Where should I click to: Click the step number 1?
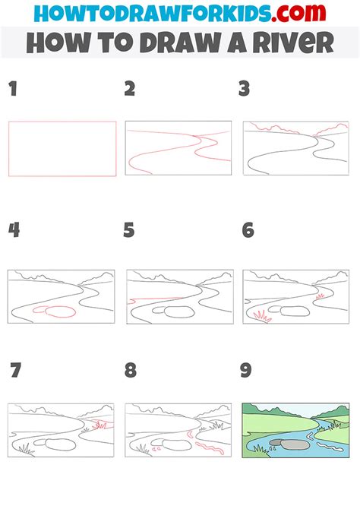coord(12,90)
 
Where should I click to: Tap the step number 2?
coord(130,90)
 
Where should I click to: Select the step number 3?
coord(245,90)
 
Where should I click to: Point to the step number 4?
coord(13,229)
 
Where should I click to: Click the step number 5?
coord(129,229)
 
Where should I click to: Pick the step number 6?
coord(248,229)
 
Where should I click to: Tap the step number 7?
coord(16,371)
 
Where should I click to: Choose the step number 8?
coord(131,371)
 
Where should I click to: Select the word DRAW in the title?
coord(183,43)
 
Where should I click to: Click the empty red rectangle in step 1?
coord(62,149)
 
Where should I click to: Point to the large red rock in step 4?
coord(59,311)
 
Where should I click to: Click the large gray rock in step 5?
coord(180,311)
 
